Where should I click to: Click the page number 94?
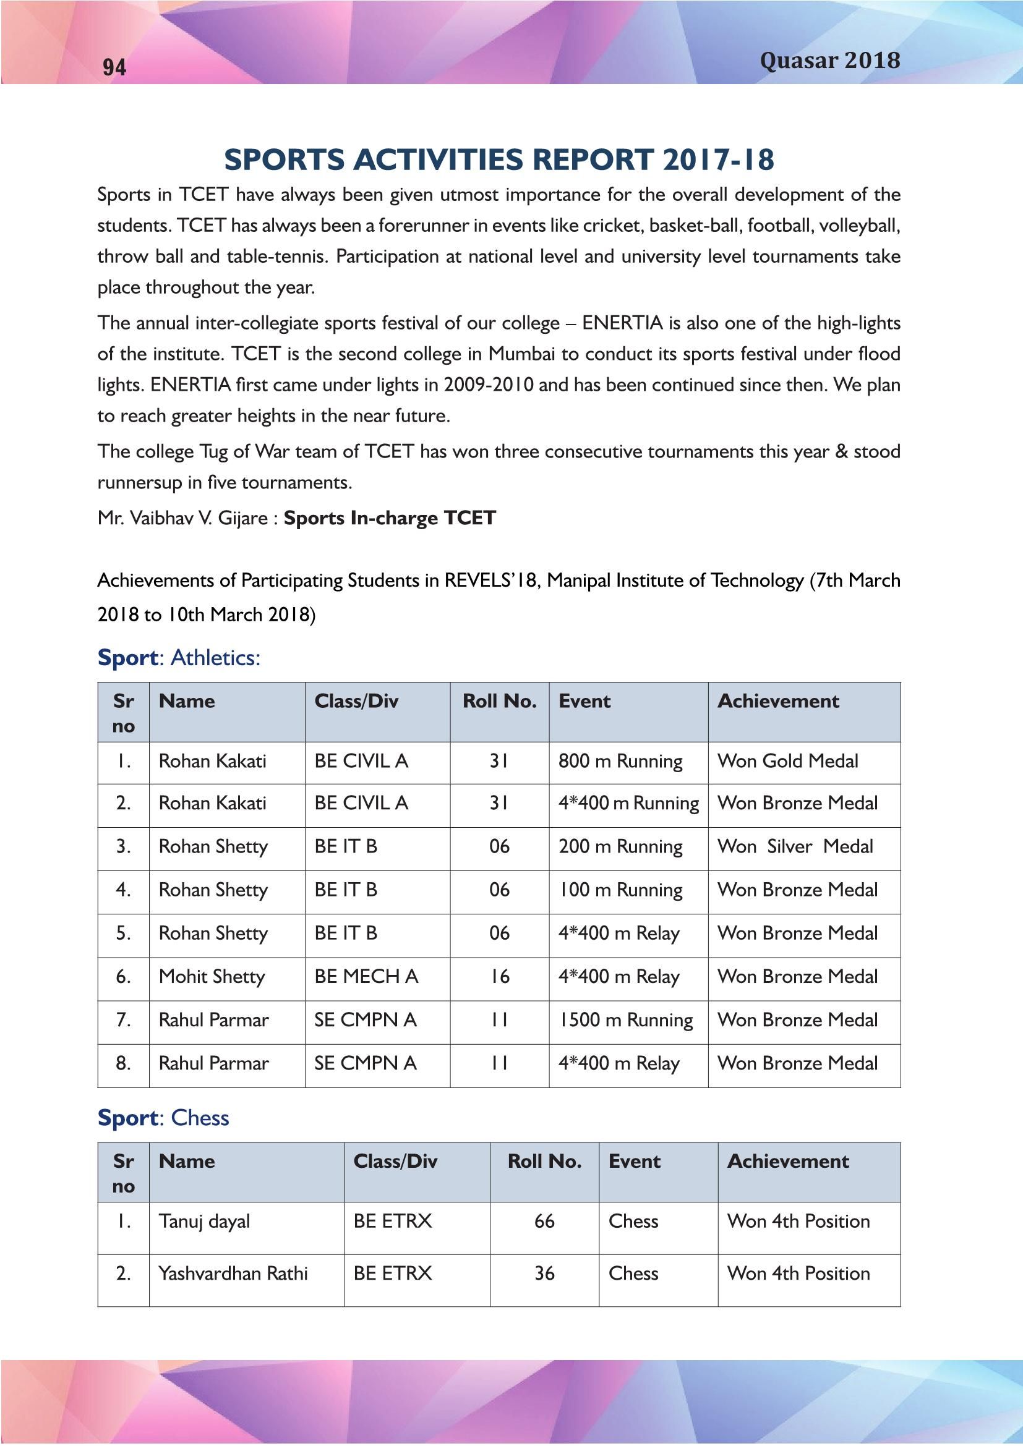coord(114,67)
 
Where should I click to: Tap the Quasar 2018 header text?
coord(829,61)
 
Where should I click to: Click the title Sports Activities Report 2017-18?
coord(499,159)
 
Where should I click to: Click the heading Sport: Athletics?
coord(179,658)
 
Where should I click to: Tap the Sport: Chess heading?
coord(163,1118)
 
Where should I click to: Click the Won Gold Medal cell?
coord(787,761)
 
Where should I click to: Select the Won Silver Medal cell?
coord(795,846)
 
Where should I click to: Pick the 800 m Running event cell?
coord(620,762)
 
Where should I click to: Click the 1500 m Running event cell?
coord(625,1020)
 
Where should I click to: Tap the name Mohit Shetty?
coord(212,977)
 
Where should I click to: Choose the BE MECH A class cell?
coord(366,977)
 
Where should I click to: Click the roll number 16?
coord(500,977)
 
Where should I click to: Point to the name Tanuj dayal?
coord(204,1222)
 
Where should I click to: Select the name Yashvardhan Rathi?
coord(233,1274)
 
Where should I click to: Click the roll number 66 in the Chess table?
coord(544,1222)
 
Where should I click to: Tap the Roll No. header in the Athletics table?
coord(500,702)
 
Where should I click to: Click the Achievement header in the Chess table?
coord(787,1162)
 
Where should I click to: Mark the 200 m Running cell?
coord(620,846)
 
